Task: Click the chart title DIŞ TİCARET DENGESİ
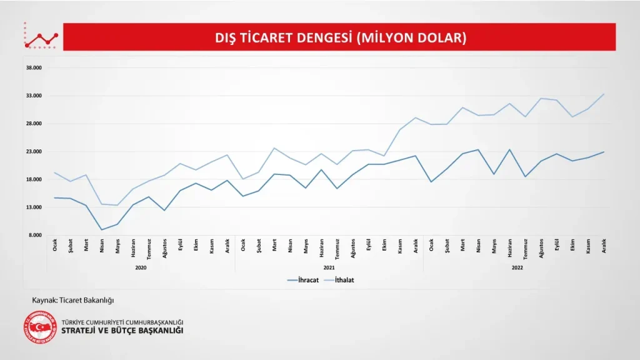point(341,37)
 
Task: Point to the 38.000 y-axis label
point(33,68)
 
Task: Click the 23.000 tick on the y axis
point(33,152)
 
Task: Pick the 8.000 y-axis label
point(34,236)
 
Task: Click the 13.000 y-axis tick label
point(33,207)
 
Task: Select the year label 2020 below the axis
point(141,267)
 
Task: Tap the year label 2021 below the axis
point(329,267)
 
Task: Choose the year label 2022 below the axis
point(517,267)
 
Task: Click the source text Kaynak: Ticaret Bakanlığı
point(73,300)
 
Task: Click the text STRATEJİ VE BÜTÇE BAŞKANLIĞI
point(122,331)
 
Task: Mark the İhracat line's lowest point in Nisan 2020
point(102,229)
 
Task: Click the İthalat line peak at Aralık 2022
point(604,94)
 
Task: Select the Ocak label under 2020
point(55,244)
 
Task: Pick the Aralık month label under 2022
point(604,245)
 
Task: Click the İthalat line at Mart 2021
point(274,148)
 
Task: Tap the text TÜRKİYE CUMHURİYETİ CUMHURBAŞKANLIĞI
point(122,321)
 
